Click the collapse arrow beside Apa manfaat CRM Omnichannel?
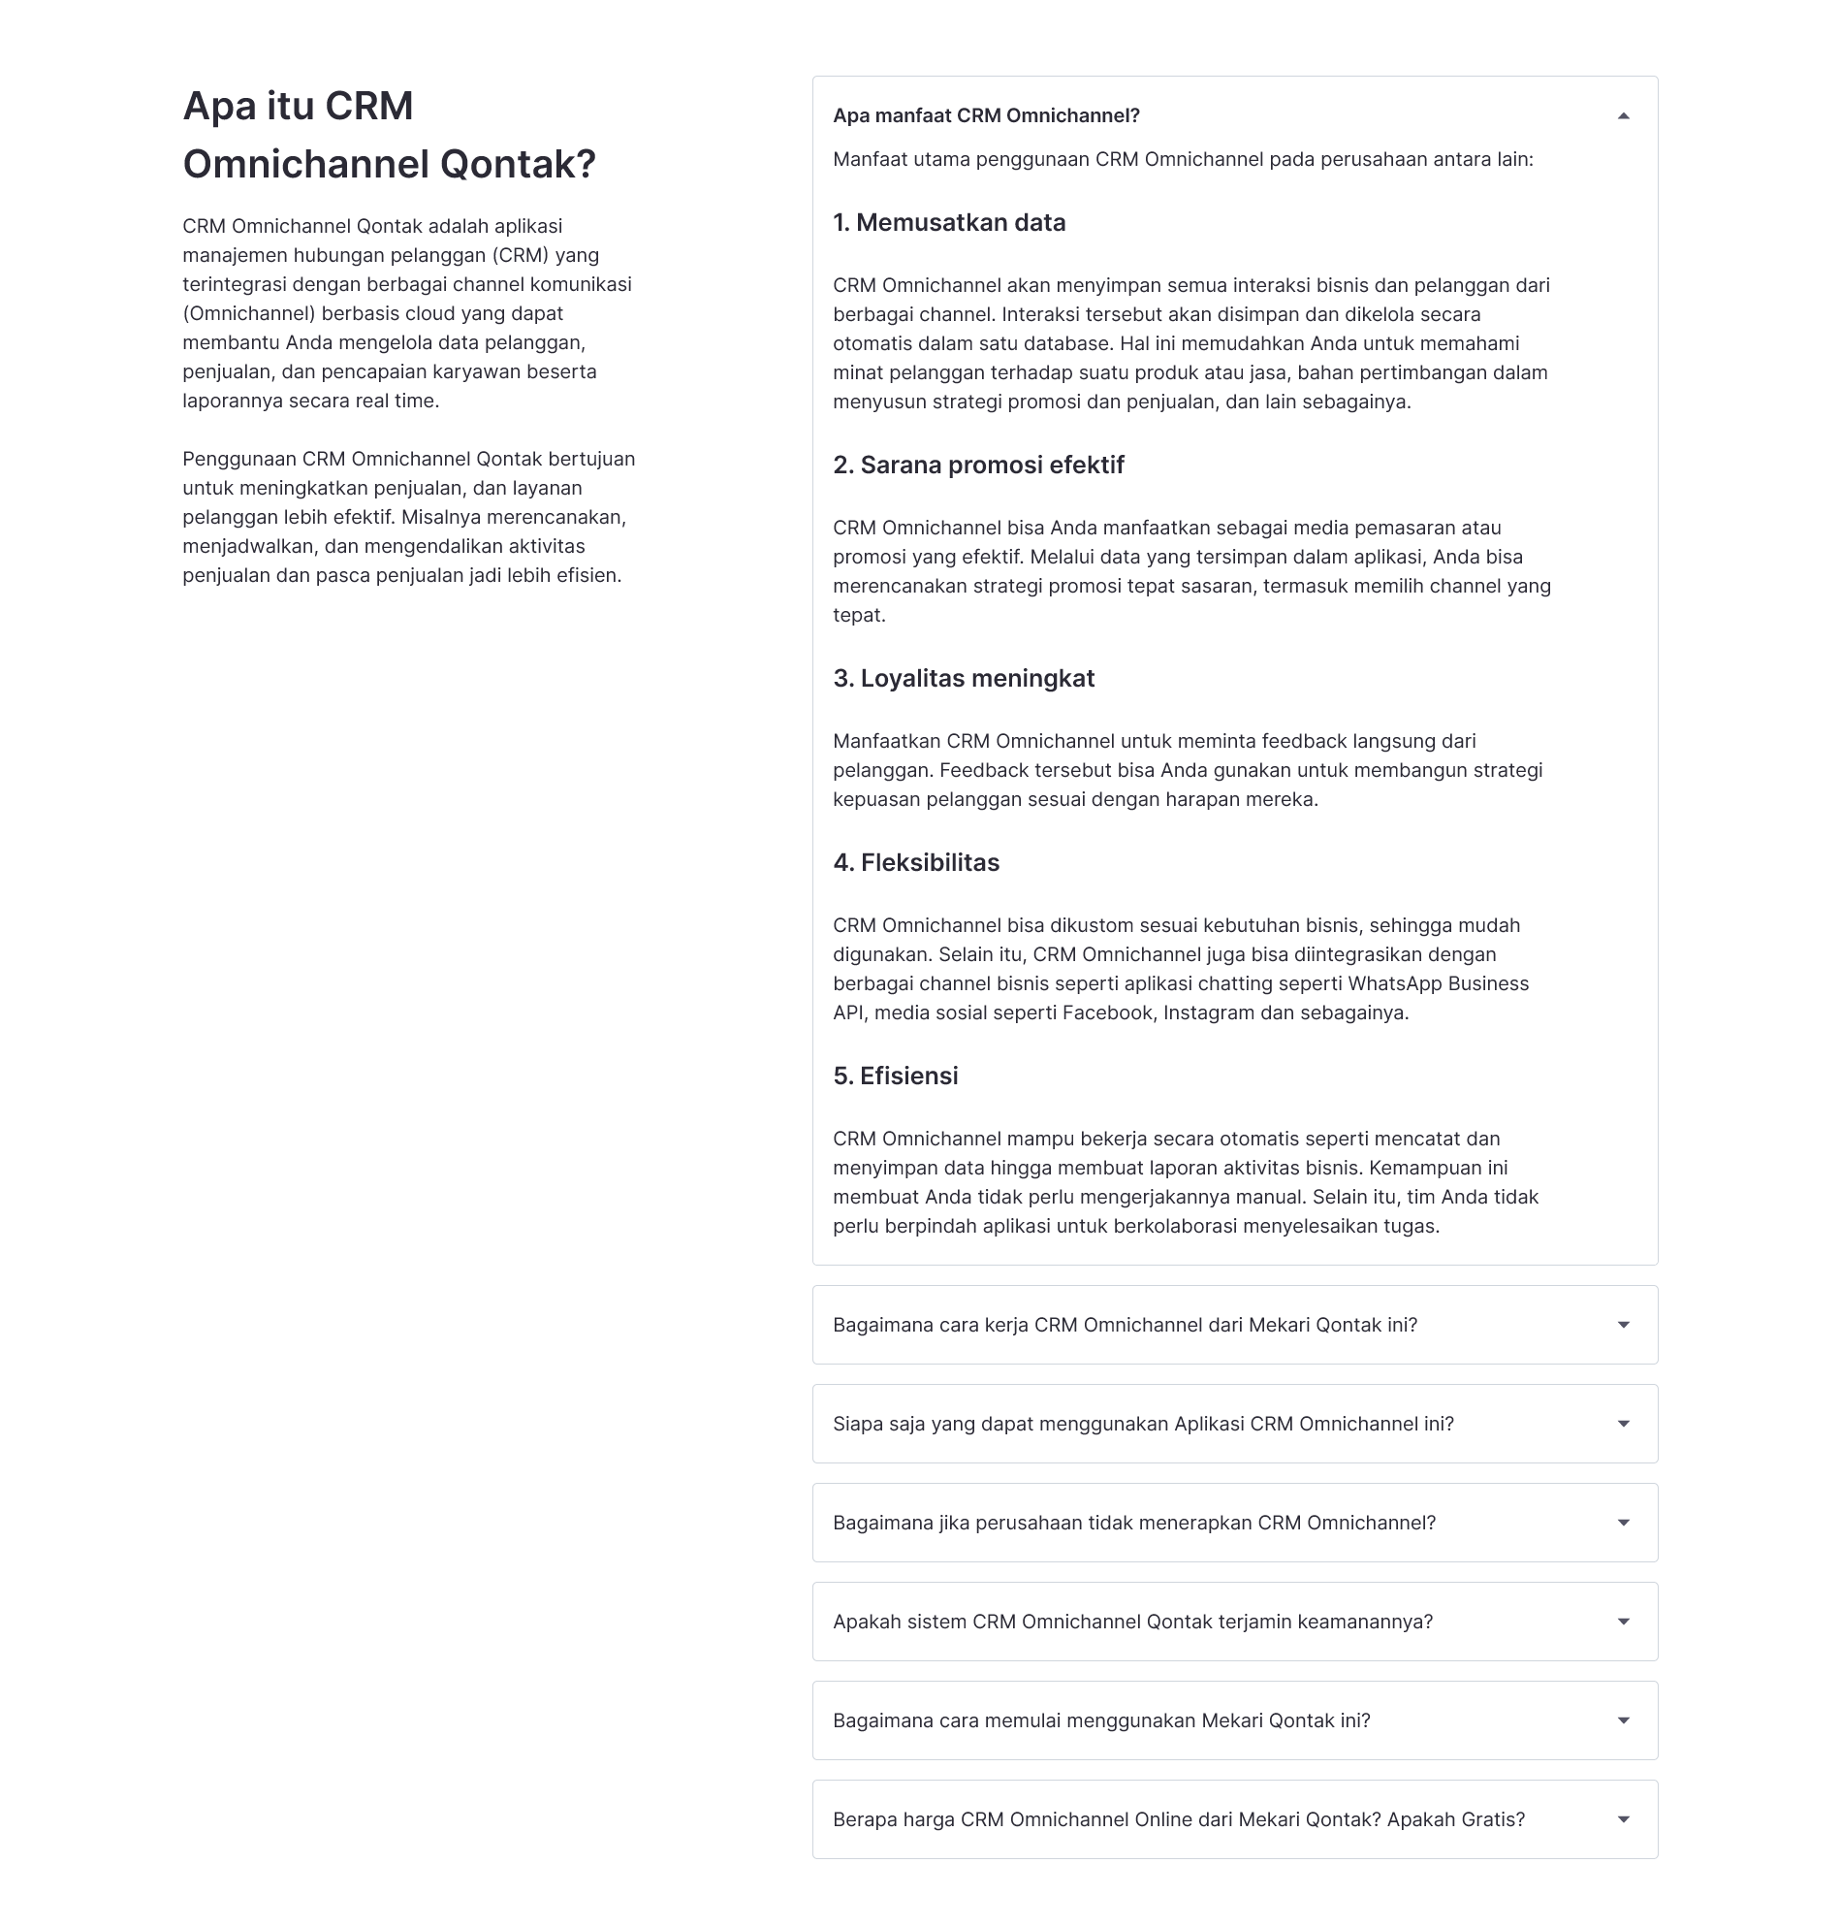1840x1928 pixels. click(x=1622, y=115)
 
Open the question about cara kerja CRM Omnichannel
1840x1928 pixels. click(x=1124, y=1325)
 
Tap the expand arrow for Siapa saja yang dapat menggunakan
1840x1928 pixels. click(x=1622, y=1424)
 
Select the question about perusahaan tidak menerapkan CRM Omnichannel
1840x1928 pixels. click(x=1133, y=1523)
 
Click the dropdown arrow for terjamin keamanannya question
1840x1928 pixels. click(x=1622, y=1622)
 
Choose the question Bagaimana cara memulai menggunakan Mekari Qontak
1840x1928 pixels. click(x=1100, y=1721)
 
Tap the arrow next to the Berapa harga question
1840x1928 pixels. click(x=1622, y=1820)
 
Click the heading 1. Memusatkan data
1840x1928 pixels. click(x=948, y=223)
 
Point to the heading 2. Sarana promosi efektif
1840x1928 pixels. click(x=978, y=466)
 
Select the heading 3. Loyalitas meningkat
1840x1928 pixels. click(x=964, y=679)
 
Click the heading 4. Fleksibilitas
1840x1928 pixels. click(x=916, y=862)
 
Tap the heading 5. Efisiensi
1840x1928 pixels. click(x=895, y=1076)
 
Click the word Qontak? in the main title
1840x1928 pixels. click(x=517, y=165)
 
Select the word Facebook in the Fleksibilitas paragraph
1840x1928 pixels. click(x=1107, y=1013)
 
